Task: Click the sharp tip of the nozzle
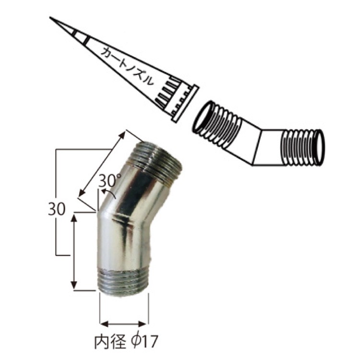click(x=50, y=17)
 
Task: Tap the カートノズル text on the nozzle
click(x=127, y=66)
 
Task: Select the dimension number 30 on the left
click(x=57, y=209)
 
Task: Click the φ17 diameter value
click(x=144, y=342)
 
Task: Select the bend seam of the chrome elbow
click(x=124, y=220)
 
